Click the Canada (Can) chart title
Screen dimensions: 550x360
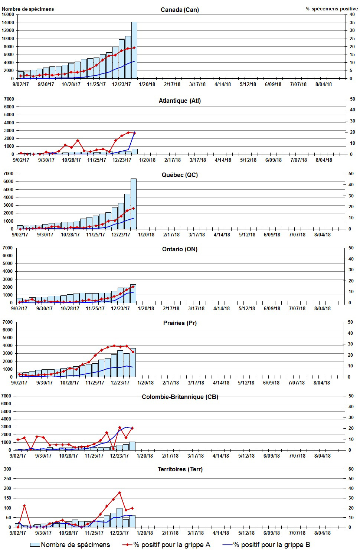180,10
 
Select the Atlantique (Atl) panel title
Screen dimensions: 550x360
179,101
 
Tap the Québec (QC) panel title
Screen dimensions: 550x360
180,175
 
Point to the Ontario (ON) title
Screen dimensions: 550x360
180,249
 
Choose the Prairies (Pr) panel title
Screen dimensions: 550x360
180,323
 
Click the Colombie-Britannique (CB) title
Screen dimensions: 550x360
180,397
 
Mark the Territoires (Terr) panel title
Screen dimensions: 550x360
180,469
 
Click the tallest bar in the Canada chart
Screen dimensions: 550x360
134,50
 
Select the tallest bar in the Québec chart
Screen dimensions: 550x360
133,204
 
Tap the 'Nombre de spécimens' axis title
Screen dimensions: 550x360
28,9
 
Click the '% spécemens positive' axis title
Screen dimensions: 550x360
332,9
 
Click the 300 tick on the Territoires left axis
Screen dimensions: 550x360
7,469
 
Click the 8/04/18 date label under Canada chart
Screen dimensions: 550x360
324,84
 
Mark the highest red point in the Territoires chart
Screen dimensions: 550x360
120,492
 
